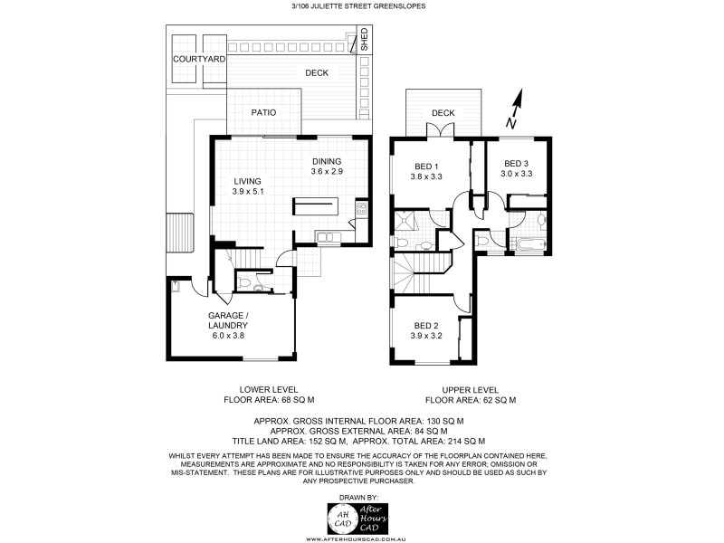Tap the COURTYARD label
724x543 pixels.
[x=199, y=59]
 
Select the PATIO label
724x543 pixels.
[x=263, y=112]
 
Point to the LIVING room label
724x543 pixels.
[x=247, y=181]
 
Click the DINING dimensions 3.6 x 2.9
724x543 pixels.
[x=327, y=172]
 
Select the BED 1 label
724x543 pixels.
[x=426, y=167]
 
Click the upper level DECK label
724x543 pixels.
[x=443, y=113]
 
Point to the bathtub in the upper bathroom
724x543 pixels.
[x=527, y=244]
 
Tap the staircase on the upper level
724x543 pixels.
[x=421, y=270]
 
